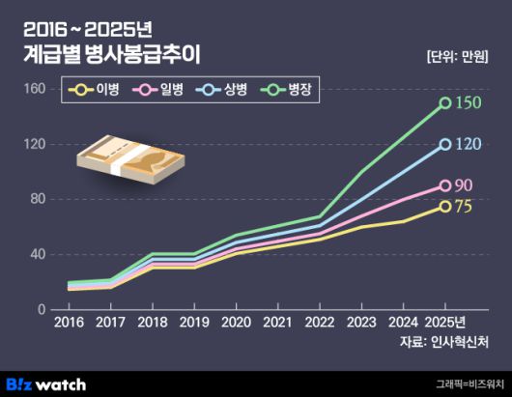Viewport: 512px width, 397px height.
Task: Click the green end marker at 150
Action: click(445, 102)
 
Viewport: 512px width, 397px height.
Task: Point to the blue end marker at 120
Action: click(445, 144)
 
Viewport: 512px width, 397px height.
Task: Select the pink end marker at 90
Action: click(445, 185)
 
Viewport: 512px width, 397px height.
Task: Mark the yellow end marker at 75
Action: click(445, 206)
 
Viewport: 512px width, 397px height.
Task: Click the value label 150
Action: click(468, 102)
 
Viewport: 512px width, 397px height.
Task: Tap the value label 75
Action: click(464, 207)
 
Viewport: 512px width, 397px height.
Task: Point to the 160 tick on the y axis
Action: click(34, 89)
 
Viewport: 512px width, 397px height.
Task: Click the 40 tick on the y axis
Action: click(37, 254)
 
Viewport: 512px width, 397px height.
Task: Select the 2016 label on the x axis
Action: click(68, 322)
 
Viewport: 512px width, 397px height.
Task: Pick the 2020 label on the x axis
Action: click(235, 322)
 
